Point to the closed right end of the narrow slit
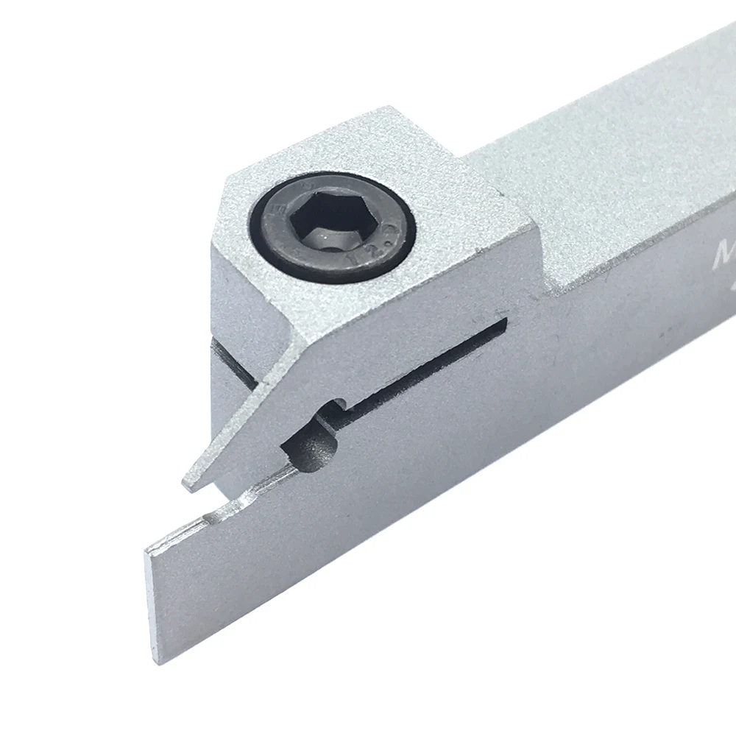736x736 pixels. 503,324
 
